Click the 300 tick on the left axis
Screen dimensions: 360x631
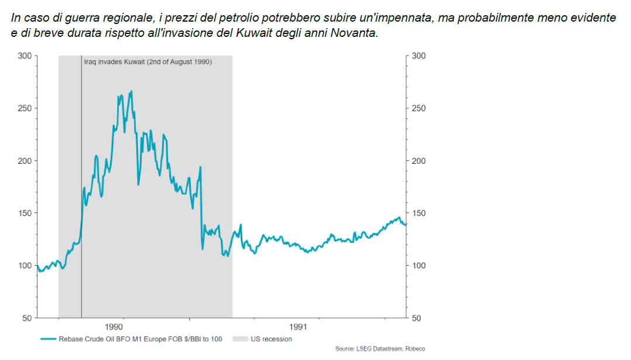(24, 56)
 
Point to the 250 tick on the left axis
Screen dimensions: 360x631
(24, 108)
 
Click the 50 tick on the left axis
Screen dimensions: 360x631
(26, 318)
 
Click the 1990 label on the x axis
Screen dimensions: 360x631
(114, 327)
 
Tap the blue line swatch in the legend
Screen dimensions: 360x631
(49, 339)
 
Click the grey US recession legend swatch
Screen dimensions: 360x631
(239, 339)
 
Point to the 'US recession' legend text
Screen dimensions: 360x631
(271, 339)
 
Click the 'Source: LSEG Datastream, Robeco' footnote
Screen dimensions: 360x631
(380, 349)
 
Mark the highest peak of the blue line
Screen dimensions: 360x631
(131, 91)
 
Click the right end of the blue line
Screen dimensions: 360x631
(406, 225)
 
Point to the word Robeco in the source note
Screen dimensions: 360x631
(415, 349)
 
